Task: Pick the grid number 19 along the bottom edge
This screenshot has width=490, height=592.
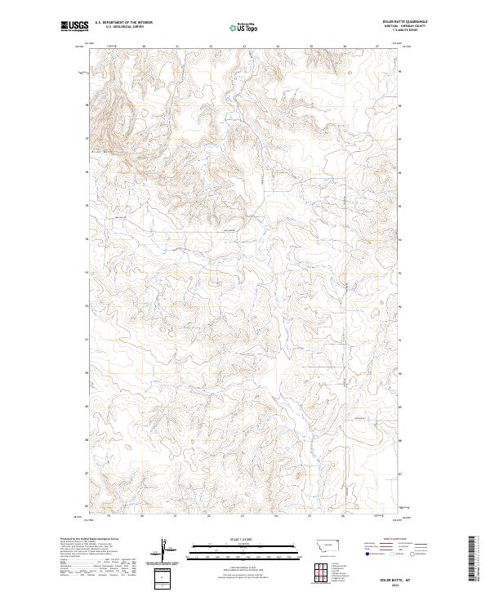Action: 109,517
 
